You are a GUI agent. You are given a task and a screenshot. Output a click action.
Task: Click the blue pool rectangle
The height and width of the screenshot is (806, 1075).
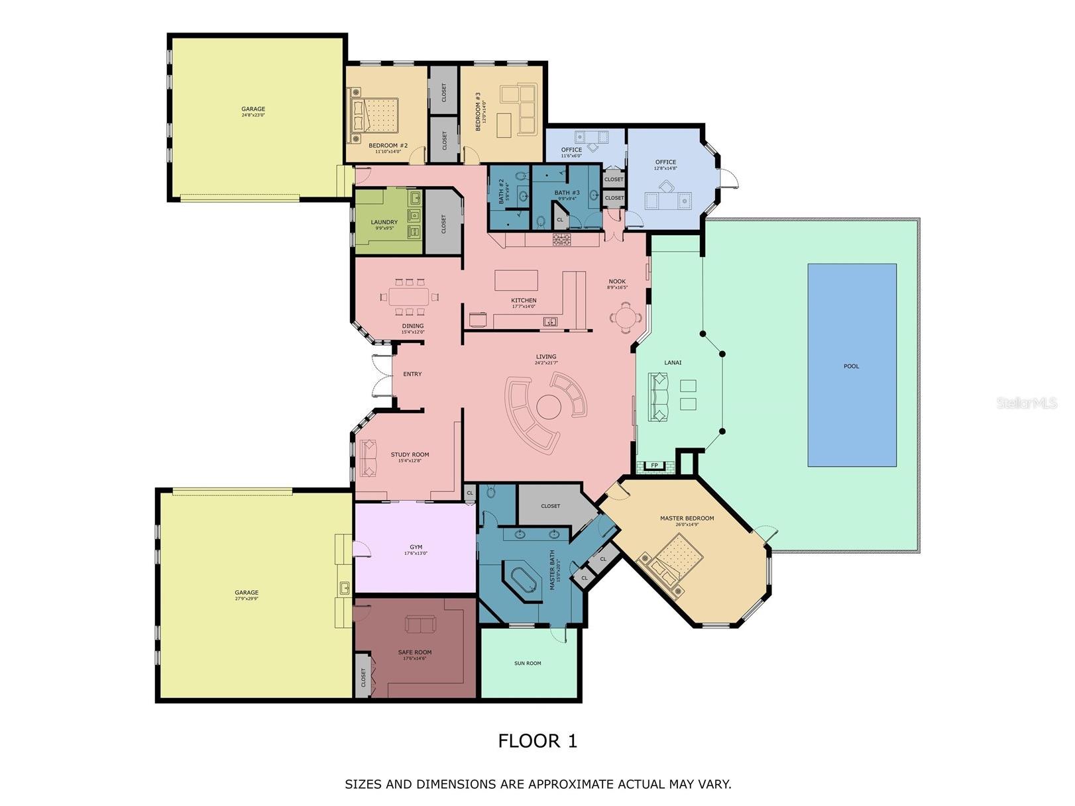(x=851, y=365)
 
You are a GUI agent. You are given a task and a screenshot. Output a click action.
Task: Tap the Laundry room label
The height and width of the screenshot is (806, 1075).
(x=384, y=223)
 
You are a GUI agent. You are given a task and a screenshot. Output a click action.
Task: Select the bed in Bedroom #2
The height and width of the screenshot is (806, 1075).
(x=374, y=115)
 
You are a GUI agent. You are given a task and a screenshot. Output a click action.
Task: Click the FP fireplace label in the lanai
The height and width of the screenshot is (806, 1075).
(x=654, y=466)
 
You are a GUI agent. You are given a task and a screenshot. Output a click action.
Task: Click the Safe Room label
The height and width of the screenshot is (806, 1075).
(x=415, y=652)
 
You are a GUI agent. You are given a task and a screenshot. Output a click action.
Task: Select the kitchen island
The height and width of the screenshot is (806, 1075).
(x=516, y=280)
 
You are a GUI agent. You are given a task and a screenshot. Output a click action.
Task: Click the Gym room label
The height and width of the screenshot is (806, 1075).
(x=416, y=547)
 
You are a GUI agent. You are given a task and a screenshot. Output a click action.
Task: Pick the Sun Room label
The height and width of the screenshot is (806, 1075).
(x=528, y=663)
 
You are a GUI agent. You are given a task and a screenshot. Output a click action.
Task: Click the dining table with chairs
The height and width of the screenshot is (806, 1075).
(x=409, y=297)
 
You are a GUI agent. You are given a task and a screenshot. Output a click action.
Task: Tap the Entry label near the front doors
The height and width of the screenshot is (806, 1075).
(x=412, y=374)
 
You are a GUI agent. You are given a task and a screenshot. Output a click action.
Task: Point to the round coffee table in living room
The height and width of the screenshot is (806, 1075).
(x=549, y=407)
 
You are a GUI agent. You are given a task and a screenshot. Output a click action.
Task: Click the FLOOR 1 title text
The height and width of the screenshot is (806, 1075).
(x=537, y=740)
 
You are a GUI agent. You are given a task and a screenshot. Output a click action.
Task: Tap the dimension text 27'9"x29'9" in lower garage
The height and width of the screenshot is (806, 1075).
(x=247, y=599)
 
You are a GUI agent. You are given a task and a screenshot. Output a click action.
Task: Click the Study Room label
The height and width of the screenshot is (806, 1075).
(x=410, y=455)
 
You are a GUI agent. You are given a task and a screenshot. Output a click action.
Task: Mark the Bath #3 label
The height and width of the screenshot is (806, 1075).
(x=567, y=193)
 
